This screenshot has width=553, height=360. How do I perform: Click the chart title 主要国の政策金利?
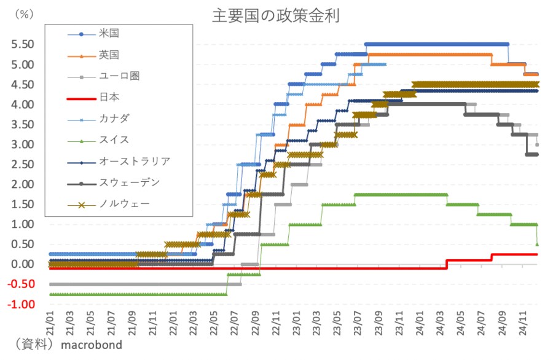276,15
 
